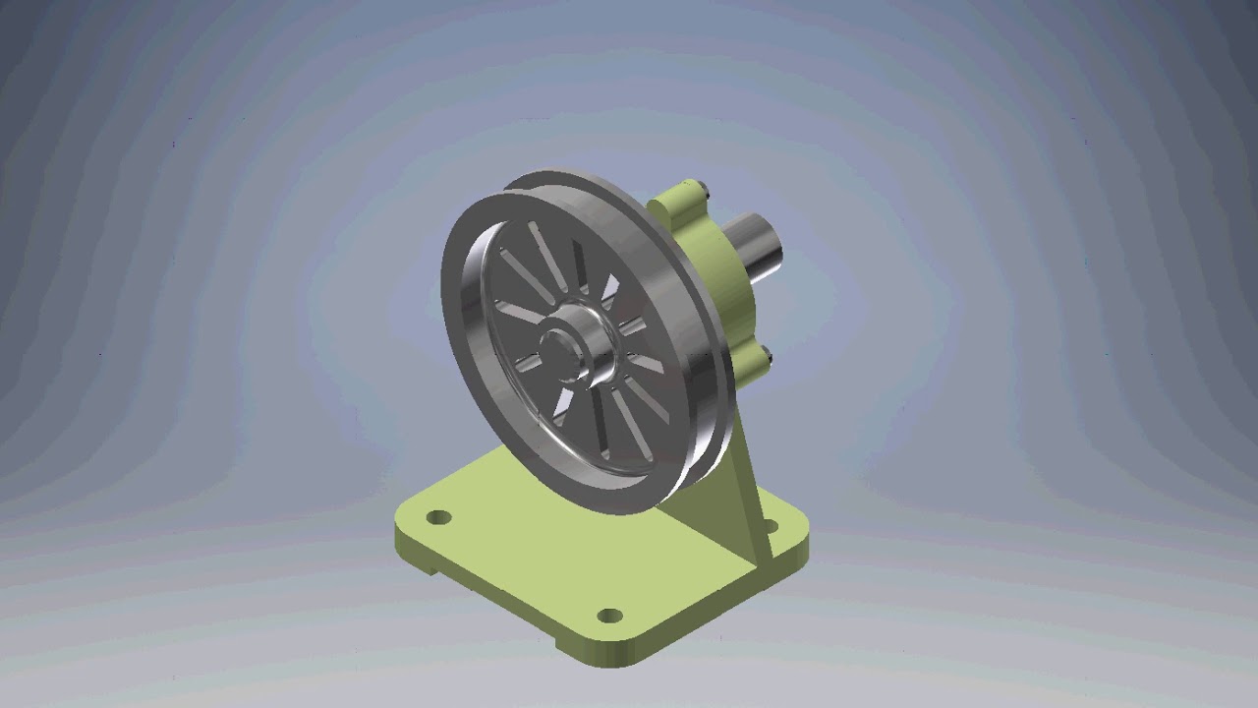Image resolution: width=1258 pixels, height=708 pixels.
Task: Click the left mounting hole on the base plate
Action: point(439,516)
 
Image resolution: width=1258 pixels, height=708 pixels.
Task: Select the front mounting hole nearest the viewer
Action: point(610,617)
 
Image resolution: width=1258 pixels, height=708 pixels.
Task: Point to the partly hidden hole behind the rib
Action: point(770,528)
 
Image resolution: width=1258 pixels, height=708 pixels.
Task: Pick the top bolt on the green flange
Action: point(693,187)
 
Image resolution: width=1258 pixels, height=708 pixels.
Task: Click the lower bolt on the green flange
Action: point(766,356)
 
